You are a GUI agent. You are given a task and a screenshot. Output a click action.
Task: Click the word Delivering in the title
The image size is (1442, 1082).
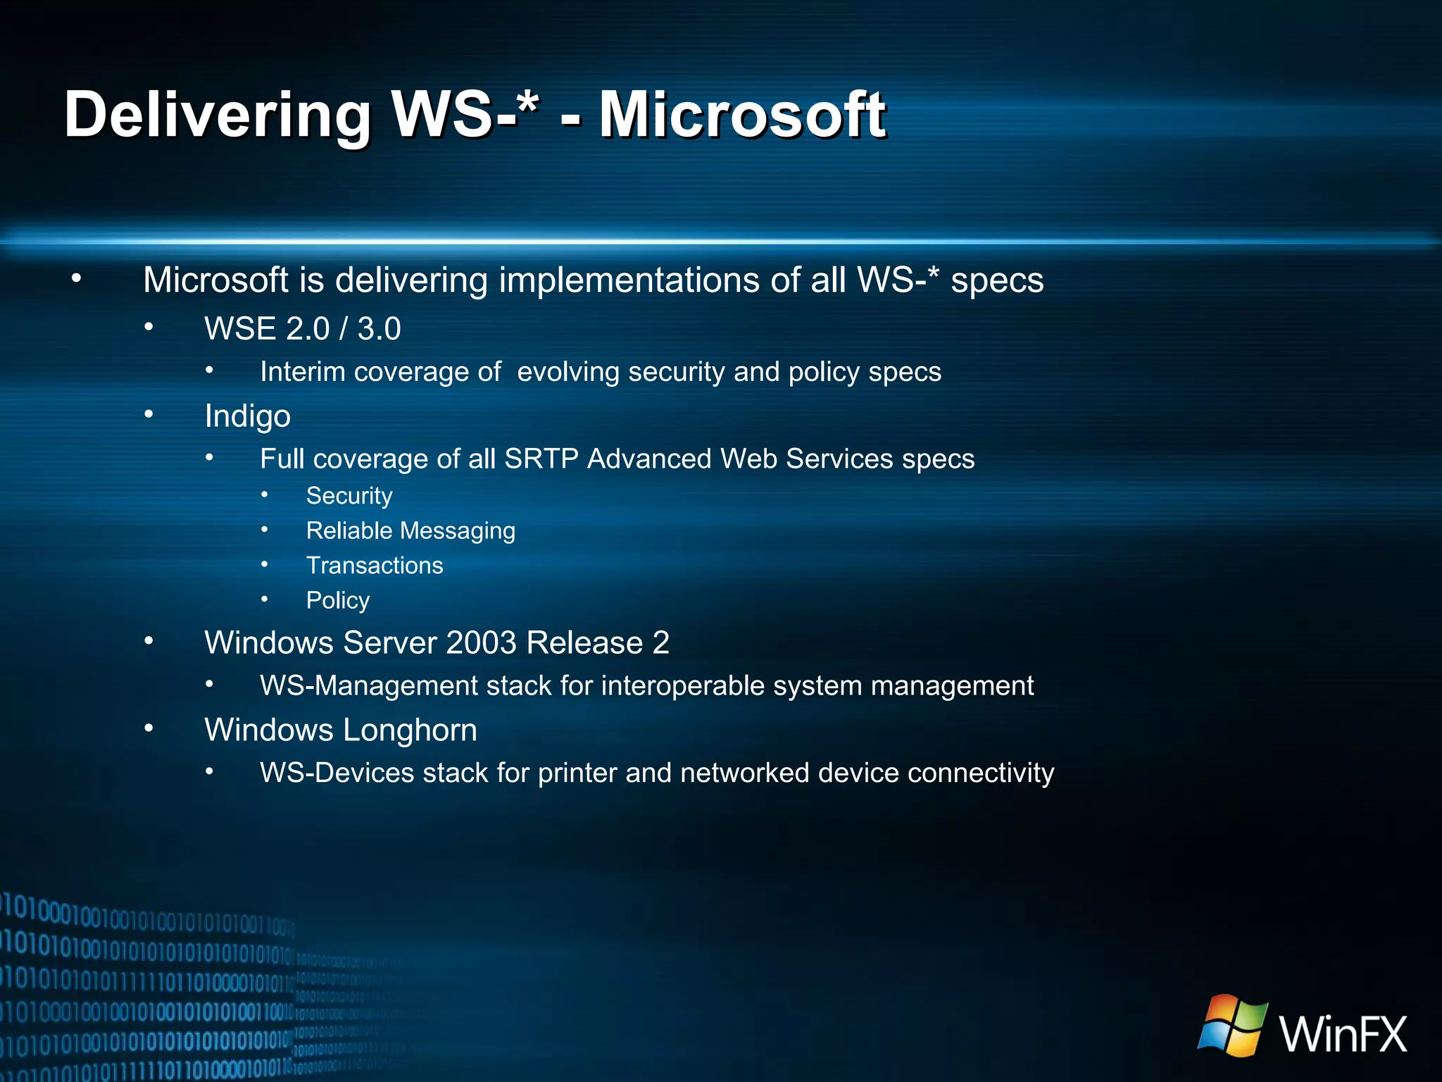point(217,115)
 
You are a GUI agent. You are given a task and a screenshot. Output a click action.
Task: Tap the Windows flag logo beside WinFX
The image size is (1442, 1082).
point(1232,1025)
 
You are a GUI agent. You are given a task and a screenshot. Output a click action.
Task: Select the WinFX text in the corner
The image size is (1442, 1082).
point(1343,1033)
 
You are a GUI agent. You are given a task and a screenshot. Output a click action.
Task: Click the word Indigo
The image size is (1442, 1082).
point(247,416)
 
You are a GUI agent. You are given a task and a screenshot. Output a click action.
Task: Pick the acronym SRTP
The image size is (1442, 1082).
point(541,459)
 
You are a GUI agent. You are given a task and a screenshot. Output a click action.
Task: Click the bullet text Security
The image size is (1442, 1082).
point(349,496)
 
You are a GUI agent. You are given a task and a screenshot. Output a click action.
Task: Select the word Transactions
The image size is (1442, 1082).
point(375,566)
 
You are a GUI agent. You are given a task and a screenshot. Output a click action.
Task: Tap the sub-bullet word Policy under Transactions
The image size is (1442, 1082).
point(337,600)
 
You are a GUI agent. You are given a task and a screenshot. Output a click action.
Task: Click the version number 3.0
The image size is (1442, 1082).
point(379,329)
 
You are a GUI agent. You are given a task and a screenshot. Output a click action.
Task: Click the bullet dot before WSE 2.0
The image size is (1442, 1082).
point(149,327)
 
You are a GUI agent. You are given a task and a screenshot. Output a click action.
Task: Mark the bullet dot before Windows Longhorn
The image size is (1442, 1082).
point(149,728)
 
